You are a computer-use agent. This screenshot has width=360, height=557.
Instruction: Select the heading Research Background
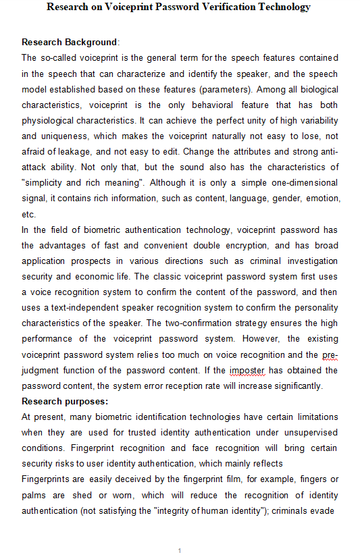pos(70,43)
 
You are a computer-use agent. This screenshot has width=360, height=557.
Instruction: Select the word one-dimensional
pos(301,182)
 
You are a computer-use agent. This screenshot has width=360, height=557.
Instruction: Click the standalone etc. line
pos(28,213)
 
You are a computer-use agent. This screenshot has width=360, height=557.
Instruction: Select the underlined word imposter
pos(246,371)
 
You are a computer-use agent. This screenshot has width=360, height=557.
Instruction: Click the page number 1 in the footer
pos(180,551)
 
